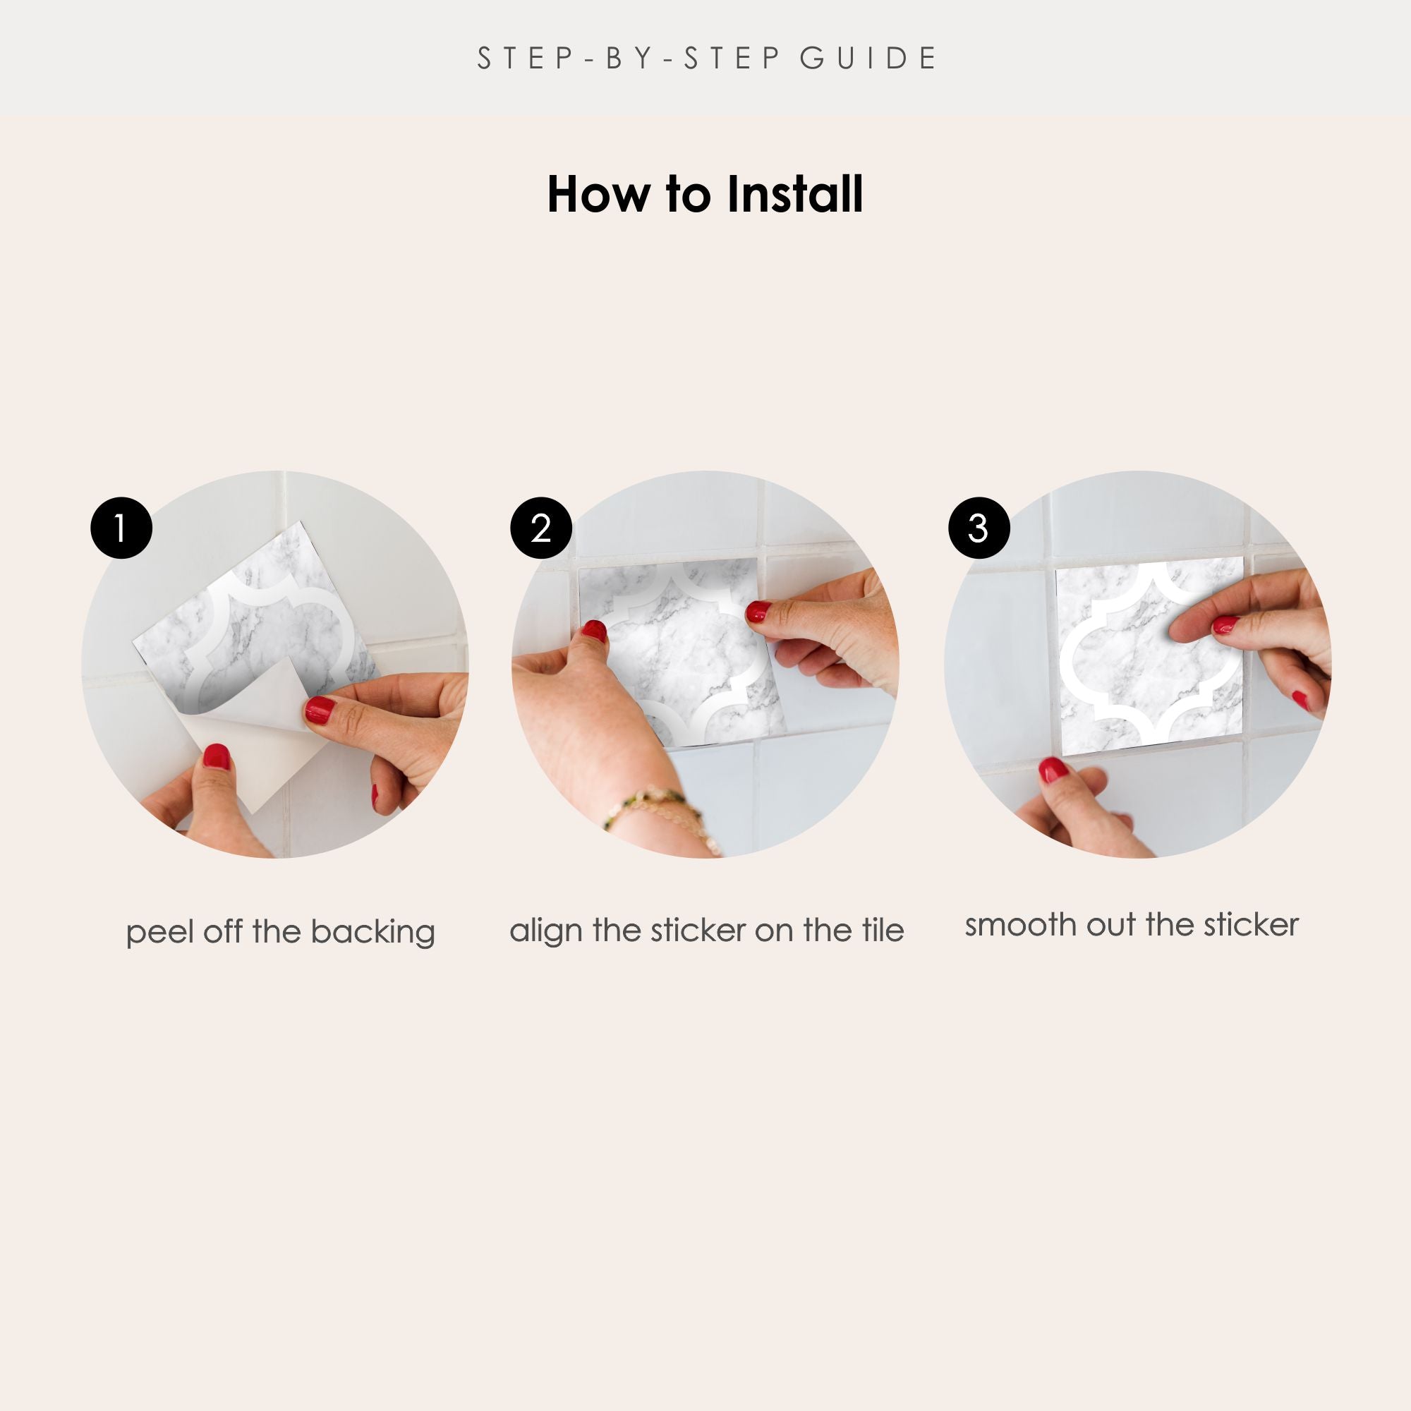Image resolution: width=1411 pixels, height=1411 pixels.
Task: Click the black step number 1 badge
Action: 121,528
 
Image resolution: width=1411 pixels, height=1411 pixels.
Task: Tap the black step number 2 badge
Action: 541,528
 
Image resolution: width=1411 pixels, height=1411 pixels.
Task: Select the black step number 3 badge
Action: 979,528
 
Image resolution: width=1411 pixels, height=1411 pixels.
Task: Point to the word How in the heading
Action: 598,195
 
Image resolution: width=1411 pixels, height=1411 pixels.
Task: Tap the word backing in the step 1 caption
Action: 373,933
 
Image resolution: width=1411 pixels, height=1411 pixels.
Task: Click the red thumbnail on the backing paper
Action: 216,756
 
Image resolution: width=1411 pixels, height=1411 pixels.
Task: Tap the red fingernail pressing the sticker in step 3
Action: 1225,624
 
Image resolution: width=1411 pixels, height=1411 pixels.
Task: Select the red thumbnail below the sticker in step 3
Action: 1053,770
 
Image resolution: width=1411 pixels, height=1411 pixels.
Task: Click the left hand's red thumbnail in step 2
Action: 595,631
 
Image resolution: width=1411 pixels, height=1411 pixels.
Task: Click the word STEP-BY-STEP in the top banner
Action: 629,59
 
